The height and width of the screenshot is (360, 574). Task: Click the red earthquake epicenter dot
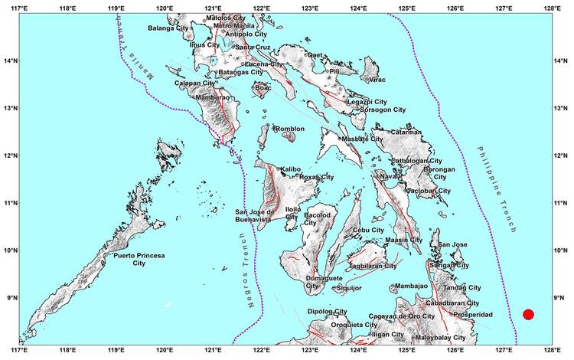tap(528, 314)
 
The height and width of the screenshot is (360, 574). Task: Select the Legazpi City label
tap(367, 101)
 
